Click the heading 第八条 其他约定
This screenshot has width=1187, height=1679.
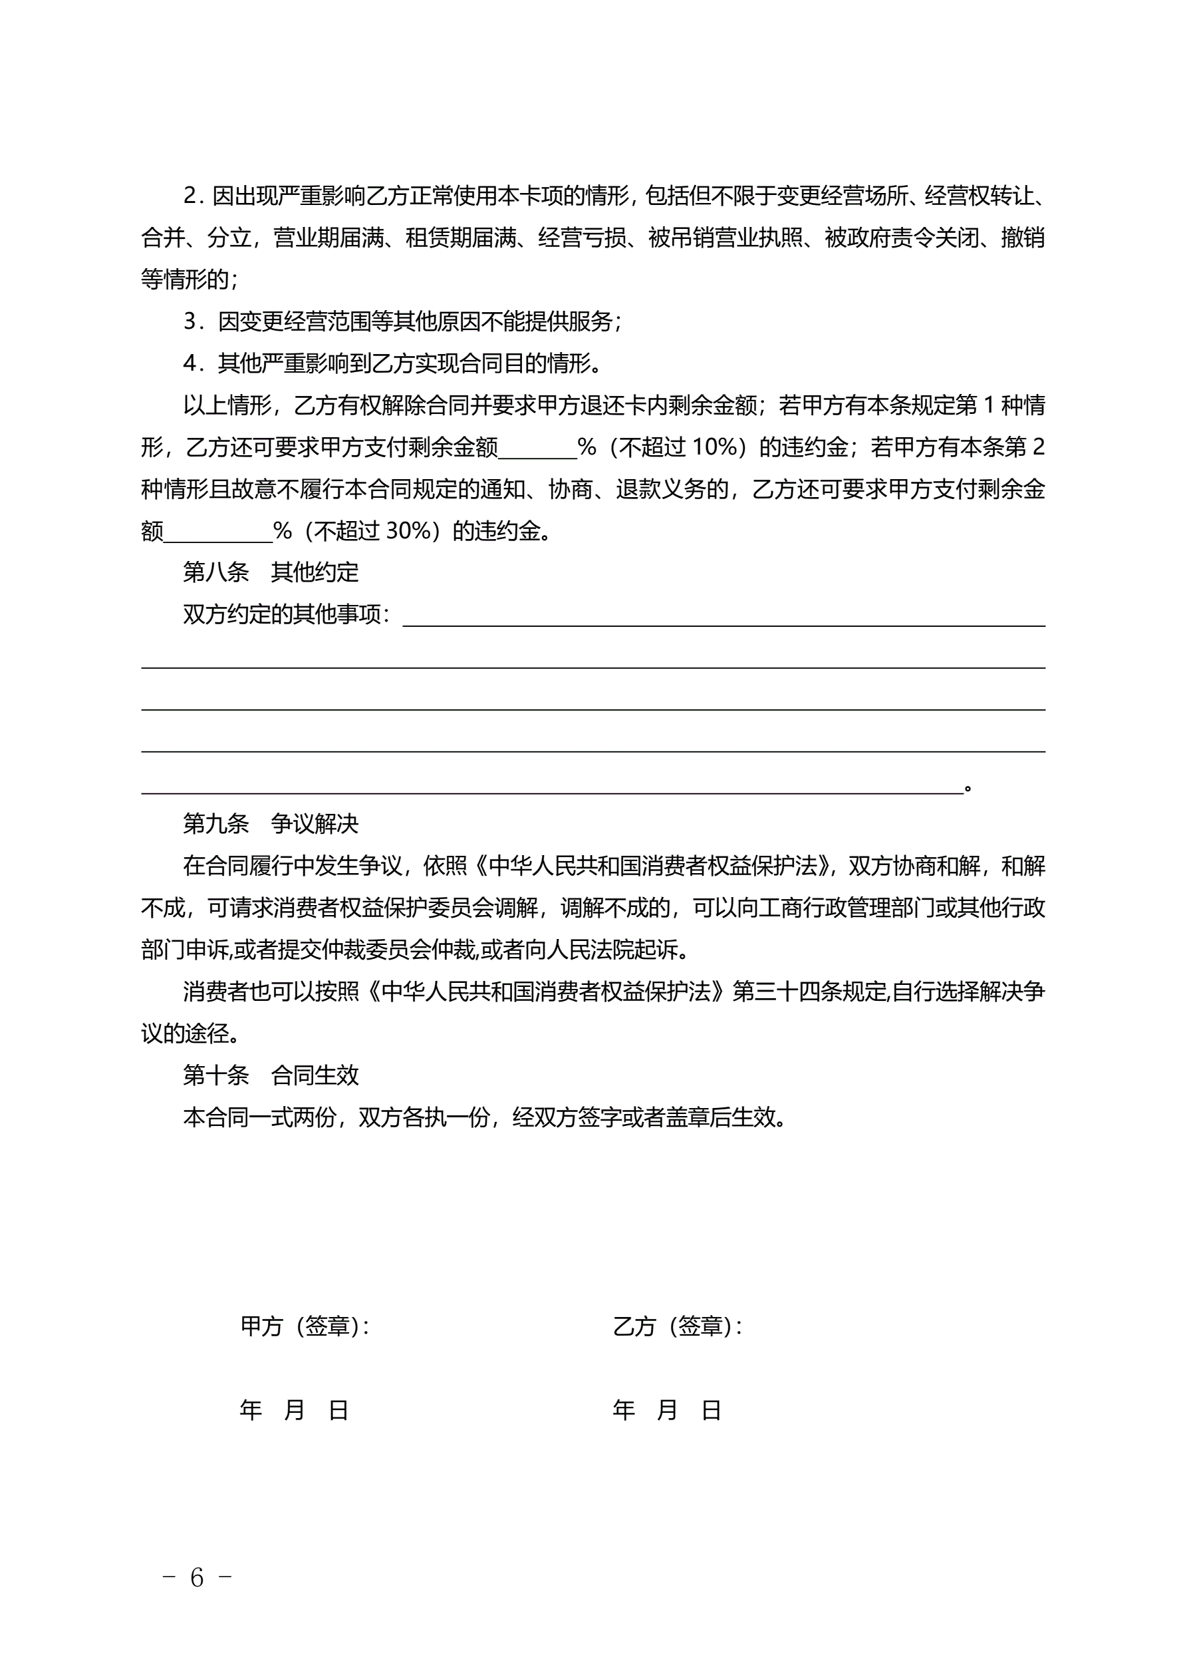(271, 572)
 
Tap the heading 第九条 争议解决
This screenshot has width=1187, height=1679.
(271, 823)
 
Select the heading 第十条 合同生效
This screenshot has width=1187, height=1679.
(271, 1075)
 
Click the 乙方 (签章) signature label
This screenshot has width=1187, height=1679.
(677, 1326)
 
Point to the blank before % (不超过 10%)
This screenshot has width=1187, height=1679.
(537, 448)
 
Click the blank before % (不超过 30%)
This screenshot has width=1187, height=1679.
(218, 532)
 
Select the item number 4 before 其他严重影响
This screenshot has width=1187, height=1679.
(192, 363)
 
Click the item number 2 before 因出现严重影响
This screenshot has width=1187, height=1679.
(192, 196)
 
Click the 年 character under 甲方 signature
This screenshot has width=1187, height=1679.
(251, 1410)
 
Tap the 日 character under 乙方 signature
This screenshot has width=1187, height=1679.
(711, 1410)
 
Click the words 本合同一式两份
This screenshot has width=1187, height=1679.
(259, 1117)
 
